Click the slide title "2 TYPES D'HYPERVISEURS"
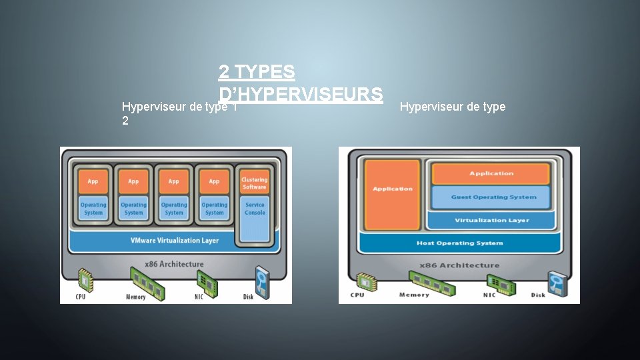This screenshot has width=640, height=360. click(300, 82)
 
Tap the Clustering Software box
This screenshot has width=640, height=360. click(255, 183)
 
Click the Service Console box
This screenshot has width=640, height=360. click(255, 209)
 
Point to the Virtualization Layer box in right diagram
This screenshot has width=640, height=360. click(491, 220)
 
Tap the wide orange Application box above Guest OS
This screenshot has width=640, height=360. click(491, 173)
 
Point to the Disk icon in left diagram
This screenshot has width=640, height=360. click(263, 279)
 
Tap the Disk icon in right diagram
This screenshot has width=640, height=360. click(556, 282)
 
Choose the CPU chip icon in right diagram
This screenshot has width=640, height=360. click(364, 281)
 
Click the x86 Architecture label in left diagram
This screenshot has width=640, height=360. click(175, 264)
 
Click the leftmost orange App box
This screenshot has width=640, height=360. click(93, 181)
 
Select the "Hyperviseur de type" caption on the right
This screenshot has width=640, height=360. click(453, 107)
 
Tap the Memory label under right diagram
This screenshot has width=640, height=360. click(414, 295)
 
